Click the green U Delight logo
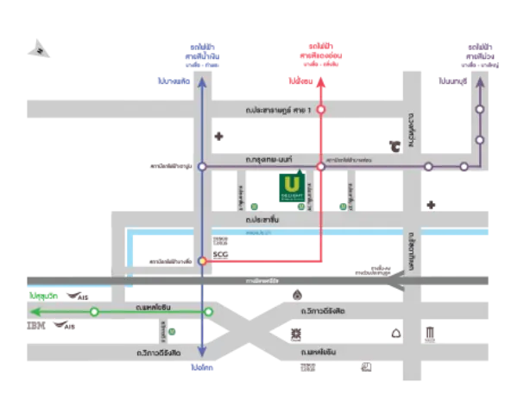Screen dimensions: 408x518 click(292, 189)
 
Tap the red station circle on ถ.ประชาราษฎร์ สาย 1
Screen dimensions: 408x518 click(320, 111)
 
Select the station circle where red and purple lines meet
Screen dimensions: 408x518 click(320, 166)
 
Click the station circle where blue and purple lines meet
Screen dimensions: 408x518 click(201, 166)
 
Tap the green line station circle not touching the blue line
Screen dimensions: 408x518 click(95, 311)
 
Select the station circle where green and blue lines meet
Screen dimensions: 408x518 click(207, 311)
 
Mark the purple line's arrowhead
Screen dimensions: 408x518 click(479, 81)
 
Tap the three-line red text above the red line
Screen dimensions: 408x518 click(320, 54)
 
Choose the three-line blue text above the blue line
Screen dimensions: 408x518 click(201, 54)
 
